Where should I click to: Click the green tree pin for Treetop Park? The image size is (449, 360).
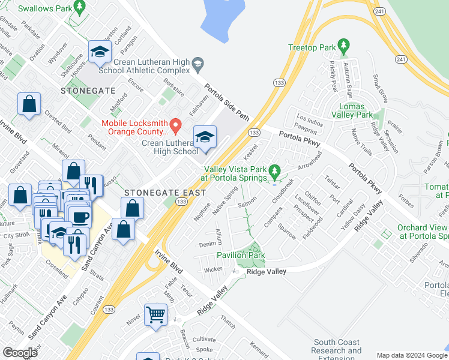click(x=343, y=46)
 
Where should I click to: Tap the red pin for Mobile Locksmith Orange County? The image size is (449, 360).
click(x=176, y=125)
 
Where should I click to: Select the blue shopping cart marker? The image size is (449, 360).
click(x=156, y=314)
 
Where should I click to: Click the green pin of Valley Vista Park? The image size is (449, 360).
click(x=275, y=172)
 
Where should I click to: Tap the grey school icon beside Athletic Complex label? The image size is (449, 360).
click(x=197, y=62)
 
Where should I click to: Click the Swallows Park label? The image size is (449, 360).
click(x=43, y=9)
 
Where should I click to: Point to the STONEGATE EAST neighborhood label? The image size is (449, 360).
click(x=165, y=193)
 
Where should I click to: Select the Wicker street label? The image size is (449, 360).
click(x=212, y=269)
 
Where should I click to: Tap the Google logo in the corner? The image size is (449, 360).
click(x=20, y=353)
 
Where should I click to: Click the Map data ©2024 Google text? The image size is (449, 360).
click(x=411, y=355)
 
